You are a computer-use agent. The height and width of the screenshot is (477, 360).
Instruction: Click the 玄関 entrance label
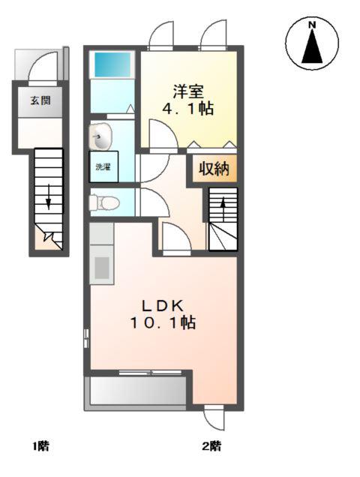(40, 100)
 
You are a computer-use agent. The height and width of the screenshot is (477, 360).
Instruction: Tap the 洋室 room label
(188, 91)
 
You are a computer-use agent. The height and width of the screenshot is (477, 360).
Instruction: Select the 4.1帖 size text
(188, 108)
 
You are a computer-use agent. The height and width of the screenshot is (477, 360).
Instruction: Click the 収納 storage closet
(214, 169)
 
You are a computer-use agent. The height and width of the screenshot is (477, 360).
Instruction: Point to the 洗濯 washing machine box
(103, 166)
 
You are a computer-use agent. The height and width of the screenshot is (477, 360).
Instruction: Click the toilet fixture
(103, 202)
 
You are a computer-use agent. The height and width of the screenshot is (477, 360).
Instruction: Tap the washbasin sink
(100, 137)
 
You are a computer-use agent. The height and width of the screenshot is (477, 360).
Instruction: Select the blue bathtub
(112, 64)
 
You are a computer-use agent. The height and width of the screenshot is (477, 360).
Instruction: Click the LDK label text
(163, 306)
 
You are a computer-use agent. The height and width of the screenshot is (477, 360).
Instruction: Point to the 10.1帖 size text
(163, 322)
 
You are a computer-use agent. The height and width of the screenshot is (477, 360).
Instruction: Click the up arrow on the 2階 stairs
(223, 209)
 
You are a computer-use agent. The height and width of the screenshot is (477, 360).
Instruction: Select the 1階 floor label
(40, 446)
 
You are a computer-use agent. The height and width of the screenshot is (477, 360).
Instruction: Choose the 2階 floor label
(211, 446)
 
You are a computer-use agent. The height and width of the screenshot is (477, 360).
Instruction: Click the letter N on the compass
(312, 25)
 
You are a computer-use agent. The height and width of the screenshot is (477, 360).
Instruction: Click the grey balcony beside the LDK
(138, 391)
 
